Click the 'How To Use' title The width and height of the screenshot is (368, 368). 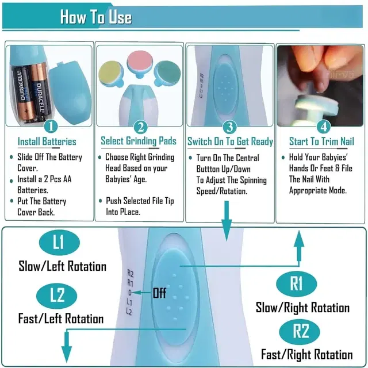[96, 17]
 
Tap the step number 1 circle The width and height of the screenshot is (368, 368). [51, 127]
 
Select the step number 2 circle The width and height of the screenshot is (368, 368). [140, 127]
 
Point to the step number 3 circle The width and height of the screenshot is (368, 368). [229, 127]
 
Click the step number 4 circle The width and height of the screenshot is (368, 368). [323, 127]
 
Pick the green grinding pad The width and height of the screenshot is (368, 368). [167, 73]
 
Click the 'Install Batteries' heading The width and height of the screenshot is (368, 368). [47, 141]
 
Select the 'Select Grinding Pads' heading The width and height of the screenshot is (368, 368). [139, 141]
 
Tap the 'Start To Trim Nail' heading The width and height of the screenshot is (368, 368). [321, 141]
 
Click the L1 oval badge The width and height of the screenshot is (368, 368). [59, 242]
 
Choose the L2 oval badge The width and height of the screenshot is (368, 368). [56, 296]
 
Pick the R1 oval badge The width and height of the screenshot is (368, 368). [297, 284]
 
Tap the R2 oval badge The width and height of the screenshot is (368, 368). [300, 332]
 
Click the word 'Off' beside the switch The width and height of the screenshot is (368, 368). [159, 293]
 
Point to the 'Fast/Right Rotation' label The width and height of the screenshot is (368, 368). [307, 354]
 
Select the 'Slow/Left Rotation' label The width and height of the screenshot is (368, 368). [63, 266]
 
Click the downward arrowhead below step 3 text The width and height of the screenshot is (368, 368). [227, 230]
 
